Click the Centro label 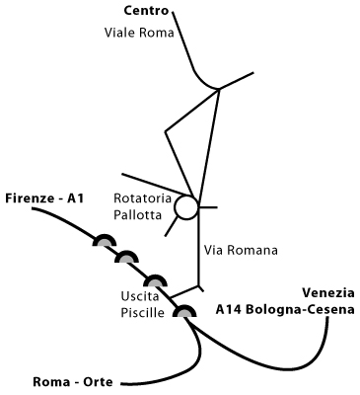click(147, 12)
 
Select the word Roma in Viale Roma click(158, 32)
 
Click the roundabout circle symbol click(186, 208)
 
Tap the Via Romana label click(239, 251)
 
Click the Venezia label click(326, 292)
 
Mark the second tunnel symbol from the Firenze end click(127, 258)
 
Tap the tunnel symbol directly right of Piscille click(183, 312)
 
